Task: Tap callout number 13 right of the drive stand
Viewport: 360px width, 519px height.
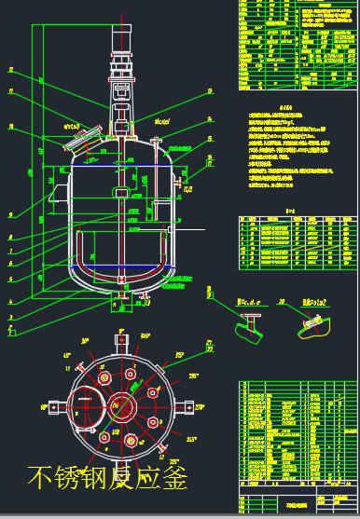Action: [210, 90]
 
